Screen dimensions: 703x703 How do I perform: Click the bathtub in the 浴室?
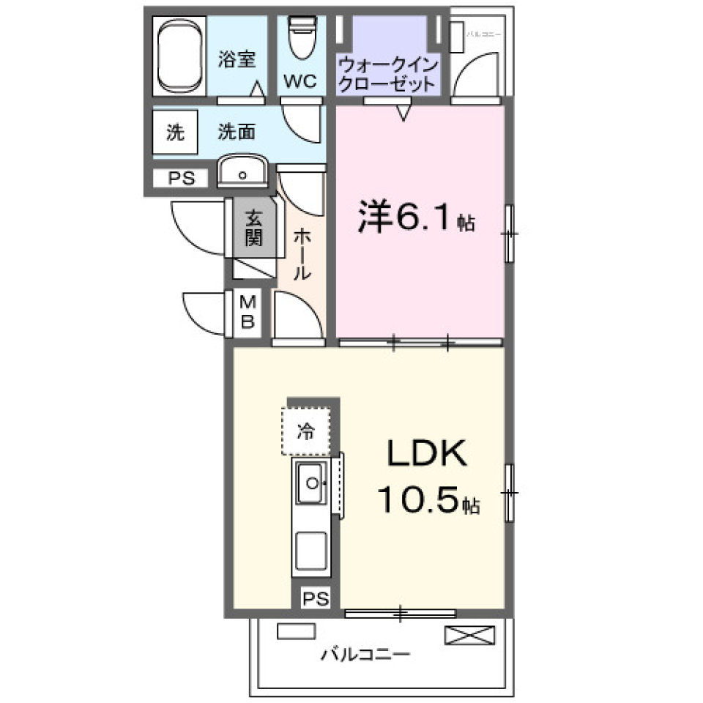(179, 58)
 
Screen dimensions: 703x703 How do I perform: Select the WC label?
(300, 81)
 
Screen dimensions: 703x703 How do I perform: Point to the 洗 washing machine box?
(175, 133)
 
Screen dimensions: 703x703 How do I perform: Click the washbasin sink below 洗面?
(242, 173)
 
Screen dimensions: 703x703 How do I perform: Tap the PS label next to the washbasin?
(181, 178)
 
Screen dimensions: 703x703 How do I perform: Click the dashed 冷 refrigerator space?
(305, 431)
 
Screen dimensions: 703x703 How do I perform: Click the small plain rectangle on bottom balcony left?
(295, 631)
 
